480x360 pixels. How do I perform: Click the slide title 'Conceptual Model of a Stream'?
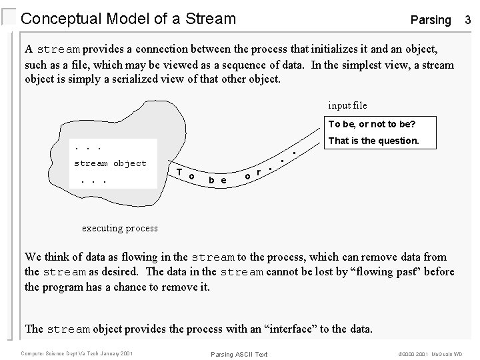[x=129, y=19]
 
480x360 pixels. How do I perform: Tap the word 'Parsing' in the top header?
[x=431, y=20]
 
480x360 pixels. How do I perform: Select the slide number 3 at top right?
[x=468, y=19]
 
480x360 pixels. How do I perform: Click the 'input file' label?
[x=347, y=105]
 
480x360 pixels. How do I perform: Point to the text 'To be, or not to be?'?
[x=372, y=125]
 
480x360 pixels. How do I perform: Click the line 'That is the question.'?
[x=374, y=141]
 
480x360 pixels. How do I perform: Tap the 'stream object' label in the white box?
[x=110, y=163]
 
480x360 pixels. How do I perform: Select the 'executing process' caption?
[x=120, y=228]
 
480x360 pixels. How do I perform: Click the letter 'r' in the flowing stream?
[x=259, y=173]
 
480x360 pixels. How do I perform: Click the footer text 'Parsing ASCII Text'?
[x=239, y=353]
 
